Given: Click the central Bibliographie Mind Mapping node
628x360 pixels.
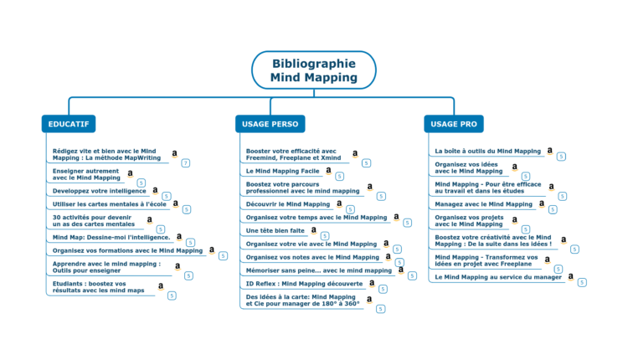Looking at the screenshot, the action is click(x=314, y=70).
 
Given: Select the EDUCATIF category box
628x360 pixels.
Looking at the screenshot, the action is click(x=69, y=124).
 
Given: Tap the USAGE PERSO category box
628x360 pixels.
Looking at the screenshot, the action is click(x=270, y=124).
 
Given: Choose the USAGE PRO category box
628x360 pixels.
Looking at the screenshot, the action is click(x=454, y=124).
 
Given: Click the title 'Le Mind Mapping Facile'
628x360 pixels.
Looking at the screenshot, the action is click(x=282, y=171).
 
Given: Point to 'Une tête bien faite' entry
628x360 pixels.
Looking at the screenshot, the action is click(x=275, y=231).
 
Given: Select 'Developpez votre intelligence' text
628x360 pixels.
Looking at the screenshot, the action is click(x=100, y=191).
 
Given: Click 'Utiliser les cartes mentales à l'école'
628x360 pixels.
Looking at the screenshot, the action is click(x=110, y=204).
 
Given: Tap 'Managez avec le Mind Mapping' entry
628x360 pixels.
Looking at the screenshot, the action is click(x=483, y=204).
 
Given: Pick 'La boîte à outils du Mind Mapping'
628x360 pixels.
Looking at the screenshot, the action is click(x=488, y=151).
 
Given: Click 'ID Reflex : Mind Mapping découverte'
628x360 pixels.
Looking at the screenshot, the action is click(x=304, y=284).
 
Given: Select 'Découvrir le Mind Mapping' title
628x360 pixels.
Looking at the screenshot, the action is click(x=287, y=204).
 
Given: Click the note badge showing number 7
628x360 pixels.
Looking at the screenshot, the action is click(x=185, y=163).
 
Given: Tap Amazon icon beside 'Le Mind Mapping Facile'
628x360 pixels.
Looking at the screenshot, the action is click(x=328, y=171).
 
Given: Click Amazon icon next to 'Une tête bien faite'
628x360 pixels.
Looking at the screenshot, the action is click(x=314, y=230).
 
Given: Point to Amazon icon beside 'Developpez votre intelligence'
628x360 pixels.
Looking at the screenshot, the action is click(x=155, y=190).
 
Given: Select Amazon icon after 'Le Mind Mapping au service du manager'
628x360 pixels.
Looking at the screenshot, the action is click(x=571, y=276).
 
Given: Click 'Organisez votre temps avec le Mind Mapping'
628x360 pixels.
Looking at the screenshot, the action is click(x=317, y=218).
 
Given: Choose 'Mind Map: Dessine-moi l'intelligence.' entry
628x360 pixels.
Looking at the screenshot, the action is click(x=111, y=238).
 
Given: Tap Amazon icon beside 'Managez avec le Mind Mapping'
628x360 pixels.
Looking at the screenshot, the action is click(x=542, y=203).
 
